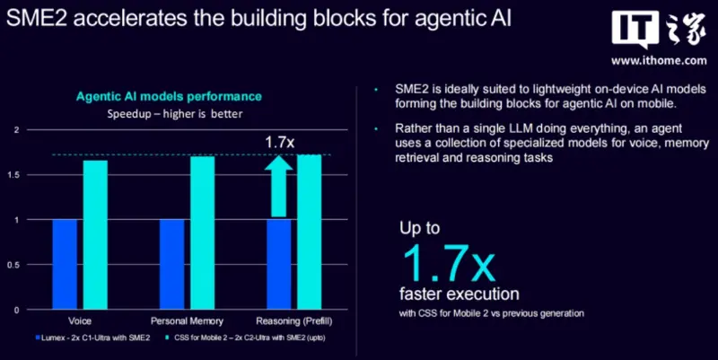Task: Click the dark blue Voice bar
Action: click(65, 264)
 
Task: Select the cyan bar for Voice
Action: click(95, 235)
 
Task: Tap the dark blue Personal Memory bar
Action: click(171, 264)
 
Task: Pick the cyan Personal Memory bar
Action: click(203, 233)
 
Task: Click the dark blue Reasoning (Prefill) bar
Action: click(279, 264)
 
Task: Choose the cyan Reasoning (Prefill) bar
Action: click(309, 233)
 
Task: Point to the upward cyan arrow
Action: click(278, 187)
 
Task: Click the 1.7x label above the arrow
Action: click(279, 142)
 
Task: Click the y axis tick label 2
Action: click(17, 130)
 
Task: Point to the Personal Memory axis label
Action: click(187, 321)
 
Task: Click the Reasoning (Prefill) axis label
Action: click(294, 321)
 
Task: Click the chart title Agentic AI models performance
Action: click(169, 97)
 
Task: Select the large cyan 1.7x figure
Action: click(449, 263)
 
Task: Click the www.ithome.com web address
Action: click(659, 60)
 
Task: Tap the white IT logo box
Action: click(635, 29)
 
